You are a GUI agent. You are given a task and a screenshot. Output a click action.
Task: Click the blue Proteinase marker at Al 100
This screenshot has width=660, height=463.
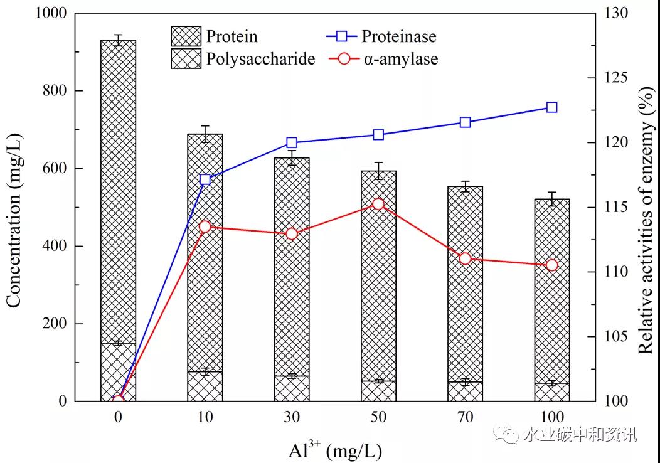(551, 107)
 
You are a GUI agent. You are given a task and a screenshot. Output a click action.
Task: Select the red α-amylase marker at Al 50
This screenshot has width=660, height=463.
(378, 204)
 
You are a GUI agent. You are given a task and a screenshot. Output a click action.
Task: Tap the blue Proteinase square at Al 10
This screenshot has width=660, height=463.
(205, 179)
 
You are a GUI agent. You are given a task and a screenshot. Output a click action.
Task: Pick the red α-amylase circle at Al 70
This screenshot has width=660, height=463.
(465, 258)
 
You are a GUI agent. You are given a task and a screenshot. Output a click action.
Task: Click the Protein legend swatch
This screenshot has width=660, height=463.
(186, 36)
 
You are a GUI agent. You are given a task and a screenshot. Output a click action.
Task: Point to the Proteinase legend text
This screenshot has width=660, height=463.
(398, 36)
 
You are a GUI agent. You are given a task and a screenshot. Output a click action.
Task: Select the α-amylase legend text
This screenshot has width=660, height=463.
(400, 60)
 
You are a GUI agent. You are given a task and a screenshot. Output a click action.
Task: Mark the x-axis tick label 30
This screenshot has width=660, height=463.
(291, 417)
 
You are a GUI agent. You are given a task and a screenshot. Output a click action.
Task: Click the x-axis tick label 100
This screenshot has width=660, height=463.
(551, 417)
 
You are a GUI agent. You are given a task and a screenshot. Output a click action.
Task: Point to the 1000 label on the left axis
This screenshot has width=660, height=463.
(50, 13)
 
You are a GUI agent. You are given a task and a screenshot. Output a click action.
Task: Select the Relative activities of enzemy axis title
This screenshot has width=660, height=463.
(646, 207)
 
